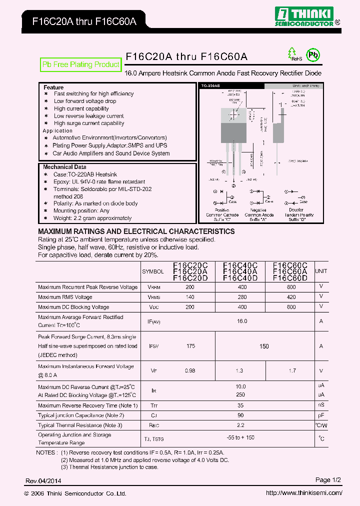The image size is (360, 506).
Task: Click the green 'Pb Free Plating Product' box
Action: point(80,64)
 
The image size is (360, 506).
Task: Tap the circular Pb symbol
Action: point(312,55)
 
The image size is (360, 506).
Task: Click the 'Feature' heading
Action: point(53,87)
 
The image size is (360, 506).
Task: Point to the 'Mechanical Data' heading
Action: point(64,167)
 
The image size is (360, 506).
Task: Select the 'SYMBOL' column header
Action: point(153,271)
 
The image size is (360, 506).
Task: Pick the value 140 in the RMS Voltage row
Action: point(190,297)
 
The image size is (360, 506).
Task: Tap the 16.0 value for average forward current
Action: point(242,321)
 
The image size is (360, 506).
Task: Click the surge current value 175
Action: point(190,345)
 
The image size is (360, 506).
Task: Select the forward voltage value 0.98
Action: point(190,370)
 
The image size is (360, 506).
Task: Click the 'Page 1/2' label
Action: point(328,480)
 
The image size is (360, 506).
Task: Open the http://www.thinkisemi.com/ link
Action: point(304,493)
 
